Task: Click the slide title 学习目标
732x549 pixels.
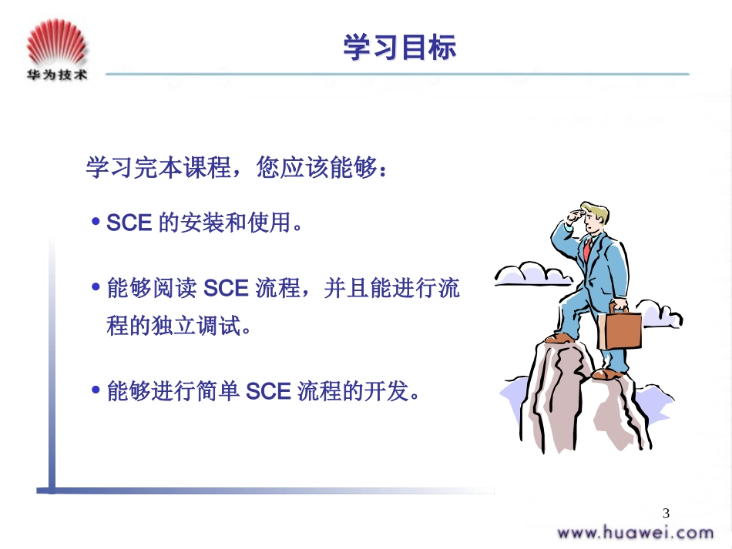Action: click(399, 48)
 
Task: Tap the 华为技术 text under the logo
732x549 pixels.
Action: click(55, 75)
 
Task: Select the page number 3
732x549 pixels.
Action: click(667, 514)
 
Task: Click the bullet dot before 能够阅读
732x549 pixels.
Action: click(96, 288)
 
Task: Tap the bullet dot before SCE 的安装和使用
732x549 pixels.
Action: click(96, 223)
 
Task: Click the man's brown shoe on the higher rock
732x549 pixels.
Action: click(560, 337)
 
